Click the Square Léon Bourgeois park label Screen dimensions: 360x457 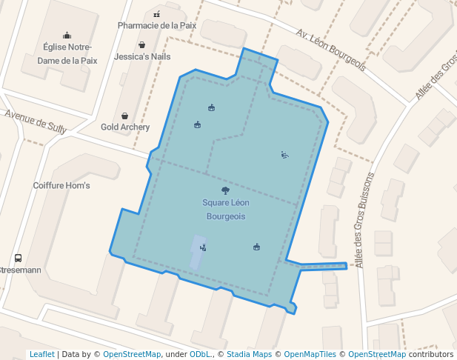point(225,209)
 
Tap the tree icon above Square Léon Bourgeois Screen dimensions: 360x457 point(225,190)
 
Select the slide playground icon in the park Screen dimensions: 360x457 point(284,155)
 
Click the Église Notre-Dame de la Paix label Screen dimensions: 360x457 point(67,55)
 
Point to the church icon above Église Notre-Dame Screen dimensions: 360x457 point(67,35)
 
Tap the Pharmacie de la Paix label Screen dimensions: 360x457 point(157,25)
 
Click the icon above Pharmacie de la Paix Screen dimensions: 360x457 point(156,13)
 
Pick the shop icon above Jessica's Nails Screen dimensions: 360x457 point(141,45)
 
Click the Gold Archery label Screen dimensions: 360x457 point(125,127)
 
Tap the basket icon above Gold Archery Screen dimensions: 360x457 point(124,116)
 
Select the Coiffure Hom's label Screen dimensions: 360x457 point(61,185)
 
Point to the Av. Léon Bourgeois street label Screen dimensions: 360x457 point(331,50)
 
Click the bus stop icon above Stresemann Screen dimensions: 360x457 point(18,259)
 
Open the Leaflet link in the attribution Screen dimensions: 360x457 point(41,354)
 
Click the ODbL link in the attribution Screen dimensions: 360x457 point(200,354)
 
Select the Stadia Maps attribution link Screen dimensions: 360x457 point(249,354)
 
